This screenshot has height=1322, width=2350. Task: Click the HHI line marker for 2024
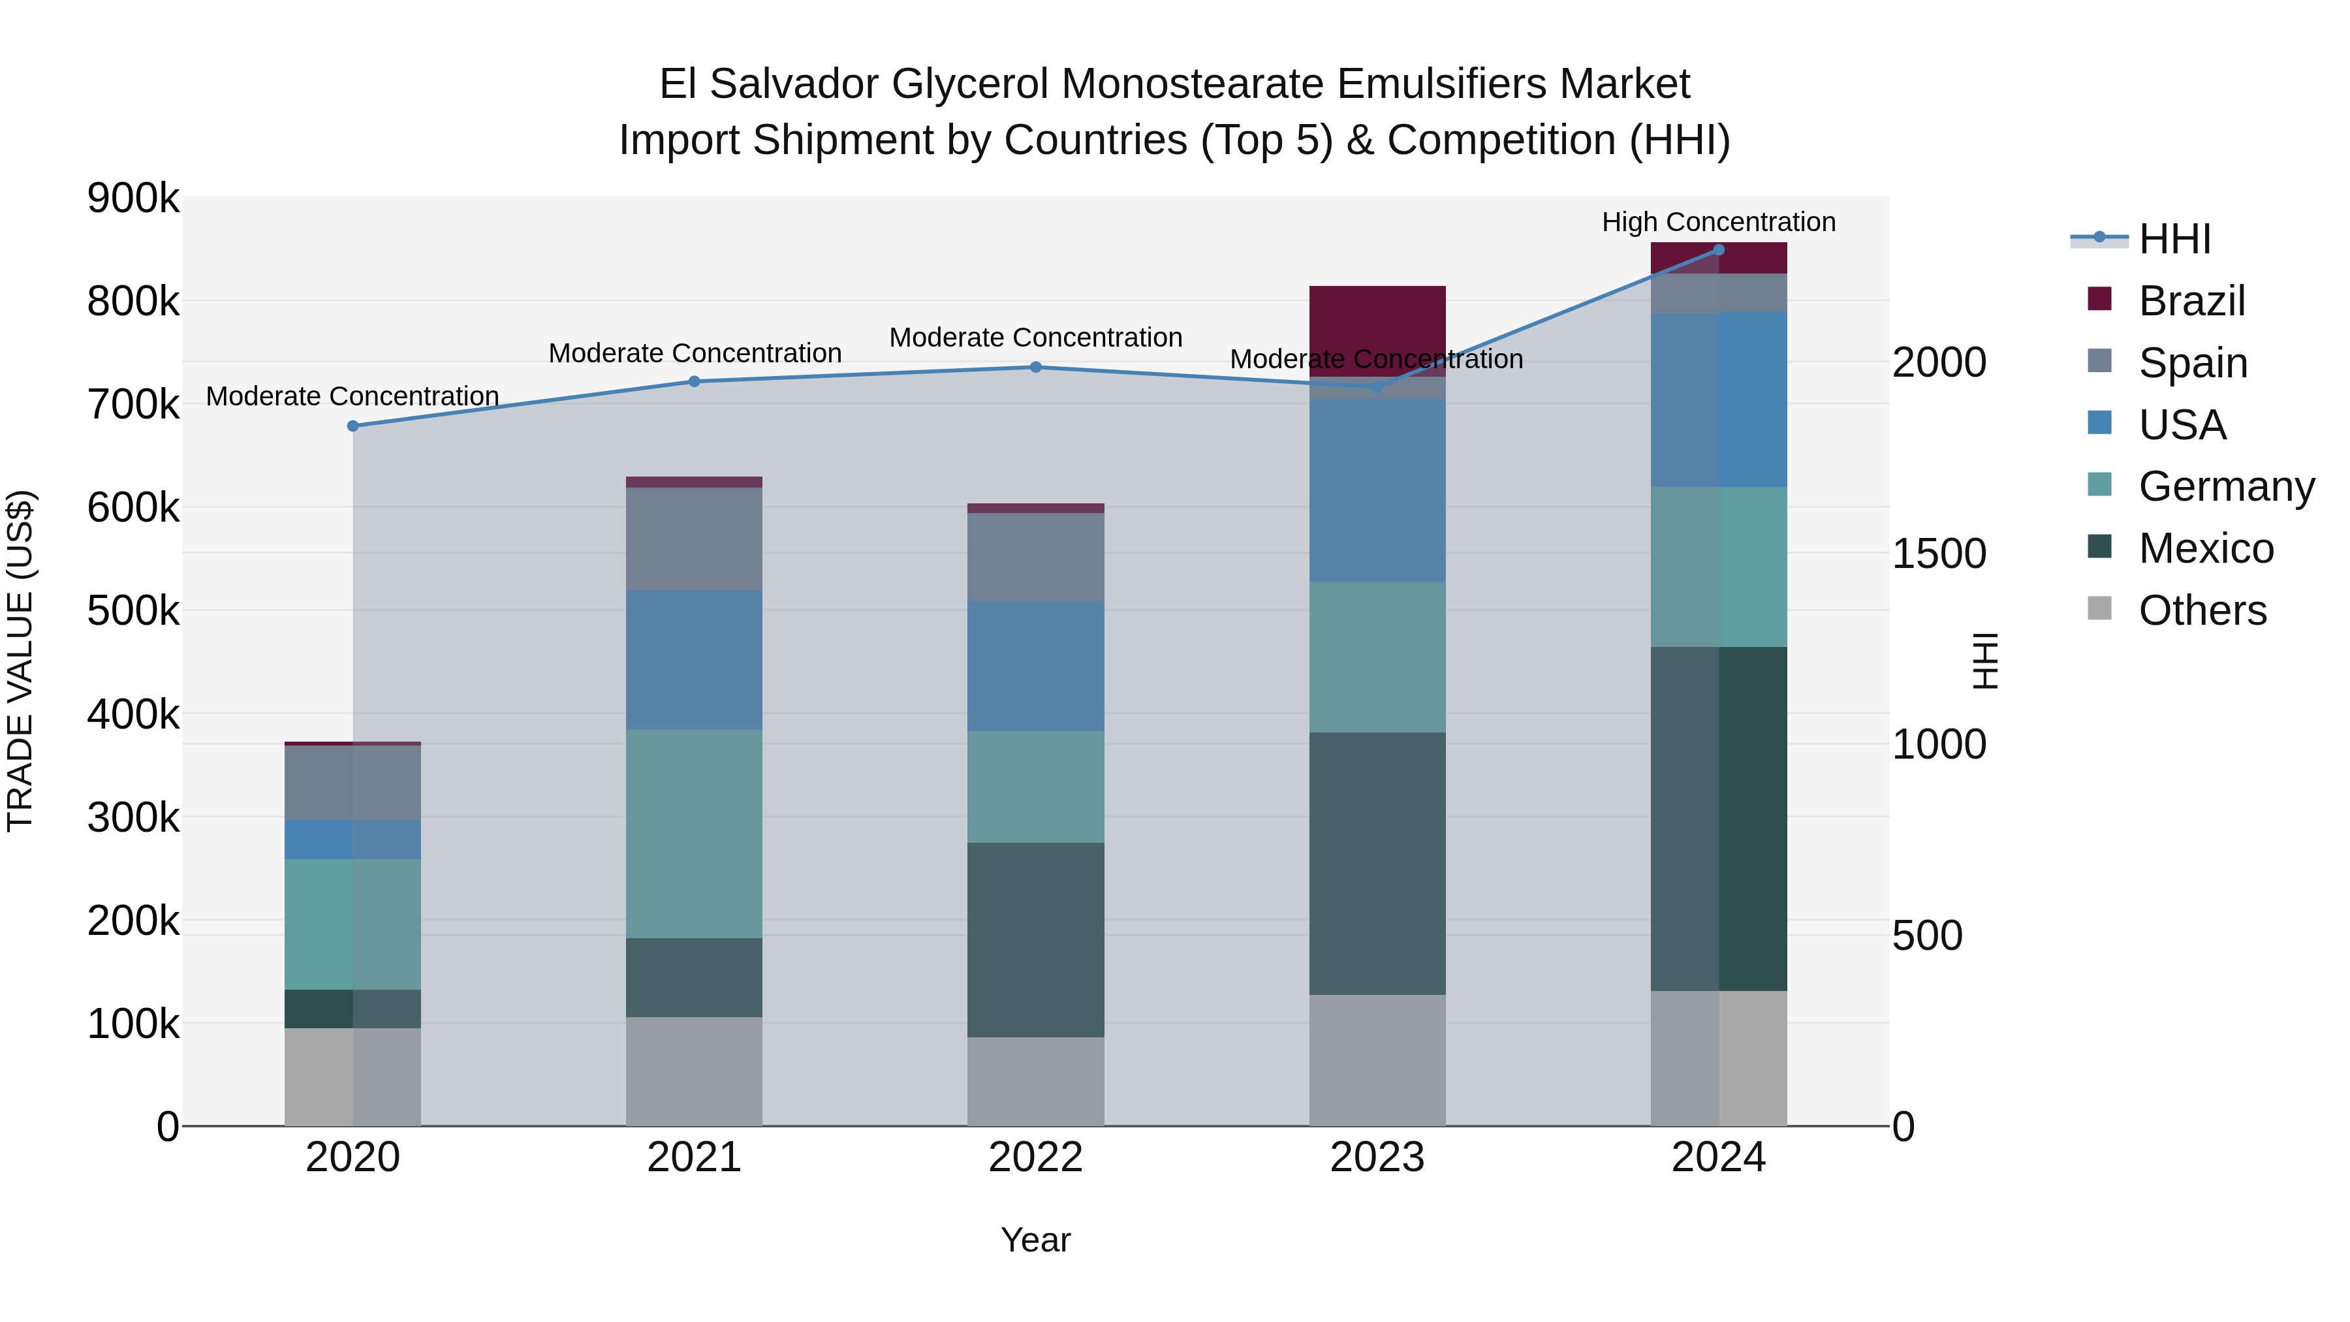1719,250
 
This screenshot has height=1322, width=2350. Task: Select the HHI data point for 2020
353,426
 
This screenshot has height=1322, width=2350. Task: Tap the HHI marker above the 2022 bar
1035,368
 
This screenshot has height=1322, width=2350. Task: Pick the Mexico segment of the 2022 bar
1035,939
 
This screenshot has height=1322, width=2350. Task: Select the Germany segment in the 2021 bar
695,833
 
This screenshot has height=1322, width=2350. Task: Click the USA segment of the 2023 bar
1377,490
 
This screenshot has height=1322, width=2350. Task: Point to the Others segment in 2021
695,1071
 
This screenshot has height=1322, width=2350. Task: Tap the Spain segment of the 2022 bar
1035,556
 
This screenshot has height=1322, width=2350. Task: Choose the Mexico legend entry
2205,548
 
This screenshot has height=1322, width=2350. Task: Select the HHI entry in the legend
2174,239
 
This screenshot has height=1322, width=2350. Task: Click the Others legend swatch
2099,608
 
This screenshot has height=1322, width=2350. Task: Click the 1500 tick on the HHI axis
1939,554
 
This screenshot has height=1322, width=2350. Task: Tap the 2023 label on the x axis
1377,1157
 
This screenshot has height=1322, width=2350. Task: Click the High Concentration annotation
1719,222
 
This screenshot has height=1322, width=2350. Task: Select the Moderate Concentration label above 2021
695,353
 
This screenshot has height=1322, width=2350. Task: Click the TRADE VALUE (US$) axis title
20,661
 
